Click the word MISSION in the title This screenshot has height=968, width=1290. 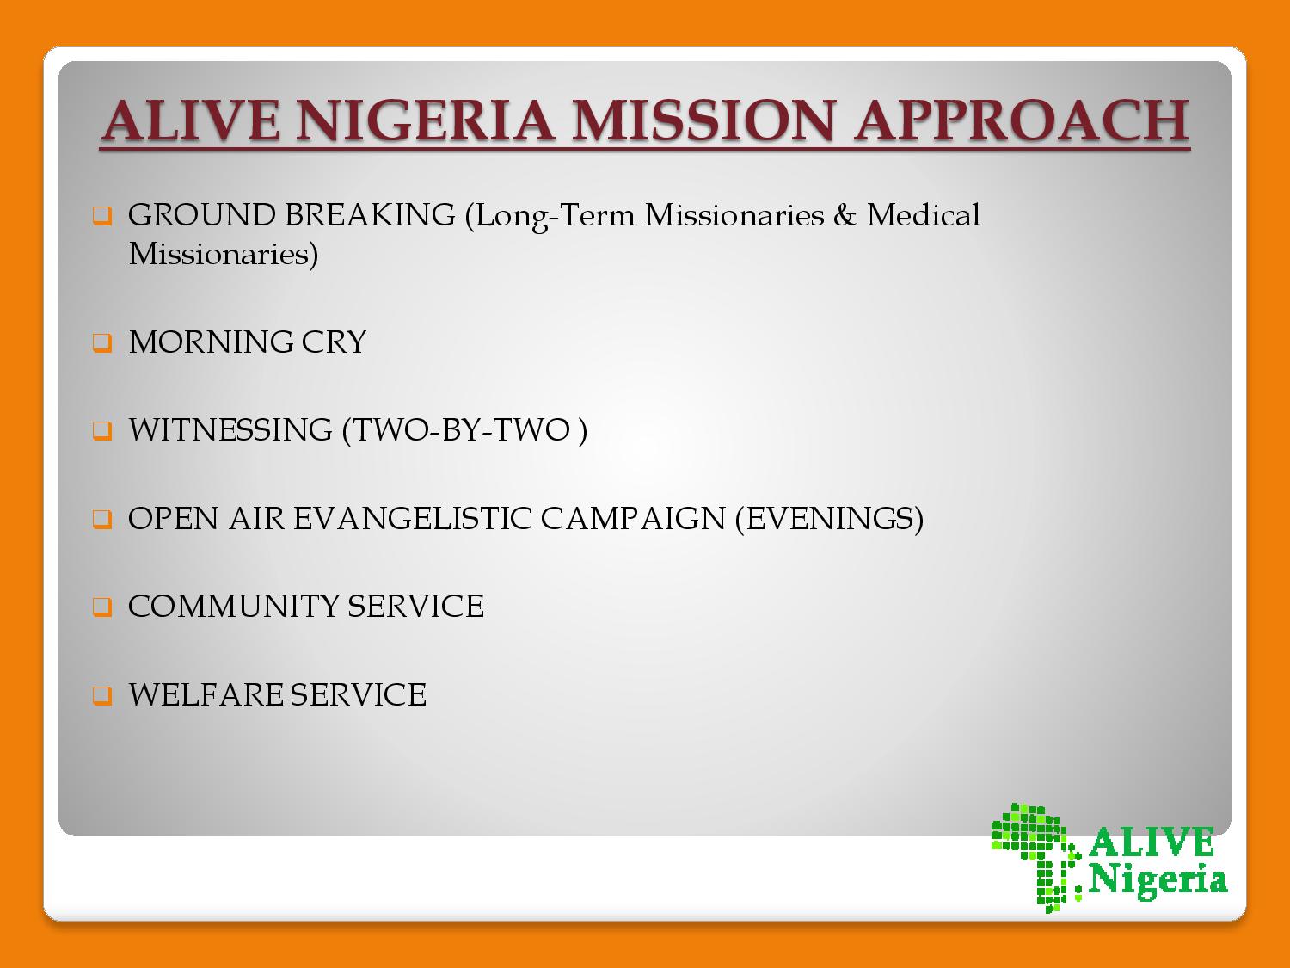(703, 120)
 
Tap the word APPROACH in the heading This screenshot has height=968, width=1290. (1022, 120)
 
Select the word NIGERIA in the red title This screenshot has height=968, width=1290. (425, 120)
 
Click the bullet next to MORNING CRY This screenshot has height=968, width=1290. (102, 342)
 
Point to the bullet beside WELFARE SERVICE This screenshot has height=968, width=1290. (102, 694)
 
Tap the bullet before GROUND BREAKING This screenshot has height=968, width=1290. (102, 215)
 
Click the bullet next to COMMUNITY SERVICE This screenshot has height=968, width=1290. (102, 607)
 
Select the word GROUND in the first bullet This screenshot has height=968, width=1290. (201, 214)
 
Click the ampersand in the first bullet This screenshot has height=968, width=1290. (845, 214)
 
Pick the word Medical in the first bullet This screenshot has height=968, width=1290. (924, 214)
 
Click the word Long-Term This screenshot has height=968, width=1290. (556, 216)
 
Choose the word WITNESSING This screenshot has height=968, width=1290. (230, 429)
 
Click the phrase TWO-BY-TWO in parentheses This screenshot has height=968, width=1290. (461, 429)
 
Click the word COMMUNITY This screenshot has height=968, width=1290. (233, 607)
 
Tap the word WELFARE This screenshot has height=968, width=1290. (206, 694)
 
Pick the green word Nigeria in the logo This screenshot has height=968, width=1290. (1158, 881)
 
